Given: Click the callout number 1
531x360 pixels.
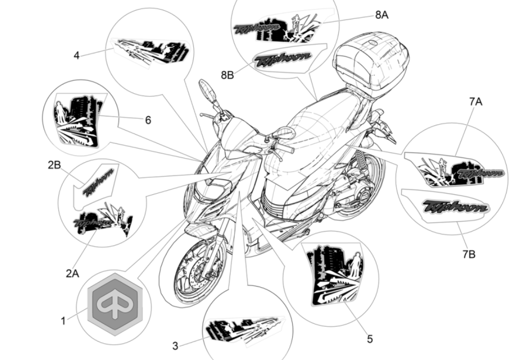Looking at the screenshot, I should click(x=63, y=321).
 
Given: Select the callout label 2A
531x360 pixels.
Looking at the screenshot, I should click(x=72, y=273).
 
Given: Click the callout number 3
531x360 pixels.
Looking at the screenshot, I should click(x=175, y=346).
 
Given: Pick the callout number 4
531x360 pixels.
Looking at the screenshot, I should click(x=77, y=55).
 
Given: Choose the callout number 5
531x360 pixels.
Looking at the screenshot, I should click(x=370, y=339).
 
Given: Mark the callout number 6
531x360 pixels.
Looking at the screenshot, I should click(x=148, y=120).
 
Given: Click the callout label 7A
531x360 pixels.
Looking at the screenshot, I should click(x=475, y=101).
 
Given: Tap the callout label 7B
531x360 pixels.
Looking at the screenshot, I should click(x=469, y=253).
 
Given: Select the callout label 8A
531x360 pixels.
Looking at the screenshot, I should click(x=382, y=15).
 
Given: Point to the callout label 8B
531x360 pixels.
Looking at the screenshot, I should click(x=227, y=75).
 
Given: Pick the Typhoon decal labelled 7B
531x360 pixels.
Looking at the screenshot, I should click(x=456, y=207).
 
